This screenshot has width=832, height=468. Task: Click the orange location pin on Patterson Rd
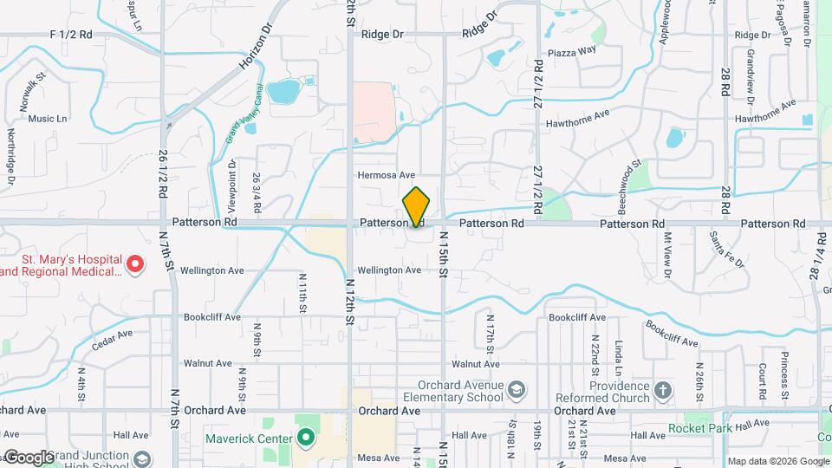[x=416, y=207]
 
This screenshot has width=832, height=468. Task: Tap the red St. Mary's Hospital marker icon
[x=134, y=263]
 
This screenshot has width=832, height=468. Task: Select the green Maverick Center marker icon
[x=304, y=438]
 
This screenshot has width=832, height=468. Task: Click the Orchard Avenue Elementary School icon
[x=517, y=387]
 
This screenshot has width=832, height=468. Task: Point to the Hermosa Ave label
[x=387, y=175]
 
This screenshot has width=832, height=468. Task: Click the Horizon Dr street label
[x=256, y=48]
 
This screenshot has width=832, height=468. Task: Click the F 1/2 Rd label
[x=71, y=34]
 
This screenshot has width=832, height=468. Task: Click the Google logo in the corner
[x=29, y=457]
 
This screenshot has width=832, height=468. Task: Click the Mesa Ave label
[x=377, y=458]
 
